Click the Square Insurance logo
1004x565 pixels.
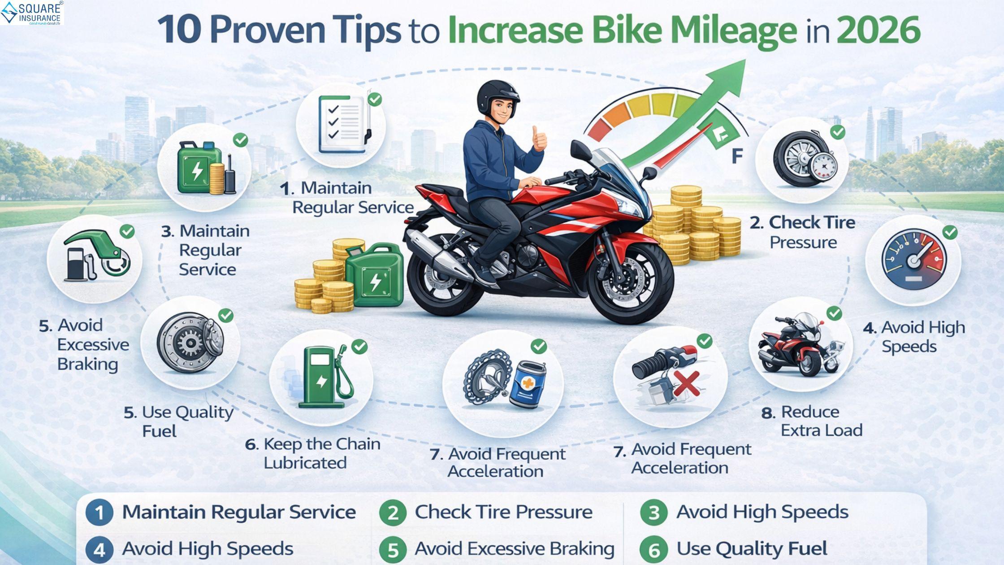tap(32, 13)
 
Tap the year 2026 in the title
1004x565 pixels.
tap(878, 30)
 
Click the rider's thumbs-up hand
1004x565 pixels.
tap(539, 139)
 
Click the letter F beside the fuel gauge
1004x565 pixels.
tap(737, 156)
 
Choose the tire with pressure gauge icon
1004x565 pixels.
tap(805, 159)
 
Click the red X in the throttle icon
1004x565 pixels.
tap(686, 383)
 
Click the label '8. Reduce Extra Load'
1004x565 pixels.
tap(812, 421)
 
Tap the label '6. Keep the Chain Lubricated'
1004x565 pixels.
tap(313, 453)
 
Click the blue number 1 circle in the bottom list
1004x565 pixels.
tap(100, 513)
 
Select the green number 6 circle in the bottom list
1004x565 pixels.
tap(654, 550)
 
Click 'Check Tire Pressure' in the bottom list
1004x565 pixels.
tap(504, 512)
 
